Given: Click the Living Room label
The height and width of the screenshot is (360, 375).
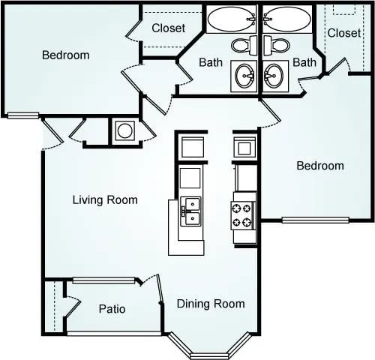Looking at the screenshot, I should tap(105, 199).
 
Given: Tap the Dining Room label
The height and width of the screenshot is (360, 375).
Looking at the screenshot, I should tap(211, 304).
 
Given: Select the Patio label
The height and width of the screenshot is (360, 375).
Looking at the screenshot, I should tap(112, 309).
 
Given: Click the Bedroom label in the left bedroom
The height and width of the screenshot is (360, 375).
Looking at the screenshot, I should tap(65, 55).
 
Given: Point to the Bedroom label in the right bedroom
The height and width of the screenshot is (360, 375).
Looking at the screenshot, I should tap(320, 166).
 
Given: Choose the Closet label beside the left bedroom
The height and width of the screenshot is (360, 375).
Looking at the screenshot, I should tap(169, 28).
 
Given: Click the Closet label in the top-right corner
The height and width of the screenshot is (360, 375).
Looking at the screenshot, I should tap(344, 33).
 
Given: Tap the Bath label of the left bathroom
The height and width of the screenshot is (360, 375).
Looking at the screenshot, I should tap(210, 62).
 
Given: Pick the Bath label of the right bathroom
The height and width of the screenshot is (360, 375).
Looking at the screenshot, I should tap(304, 62).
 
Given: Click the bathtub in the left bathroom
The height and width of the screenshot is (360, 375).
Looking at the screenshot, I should tap(231, 19).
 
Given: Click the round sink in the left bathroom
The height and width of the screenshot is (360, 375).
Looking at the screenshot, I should tap(244, 74).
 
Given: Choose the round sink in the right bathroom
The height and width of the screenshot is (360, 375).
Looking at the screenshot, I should tap(274, 74).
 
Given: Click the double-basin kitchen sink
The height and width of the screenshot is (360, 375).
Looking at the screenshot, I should tap(190, 211).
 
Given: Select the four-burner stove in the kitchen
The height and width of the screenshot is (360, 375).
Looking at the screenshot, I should tap(244, 215).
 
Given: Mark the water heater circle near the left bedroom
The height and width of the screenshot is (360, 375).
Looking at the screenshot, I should tap(124, 131).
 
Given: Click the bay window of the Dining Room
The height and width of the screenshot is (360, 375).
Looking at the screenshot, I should tap(212, 346).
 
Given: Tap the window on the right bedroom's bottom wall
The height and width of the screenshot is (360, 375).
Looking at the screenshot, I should tap(315, 220).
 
